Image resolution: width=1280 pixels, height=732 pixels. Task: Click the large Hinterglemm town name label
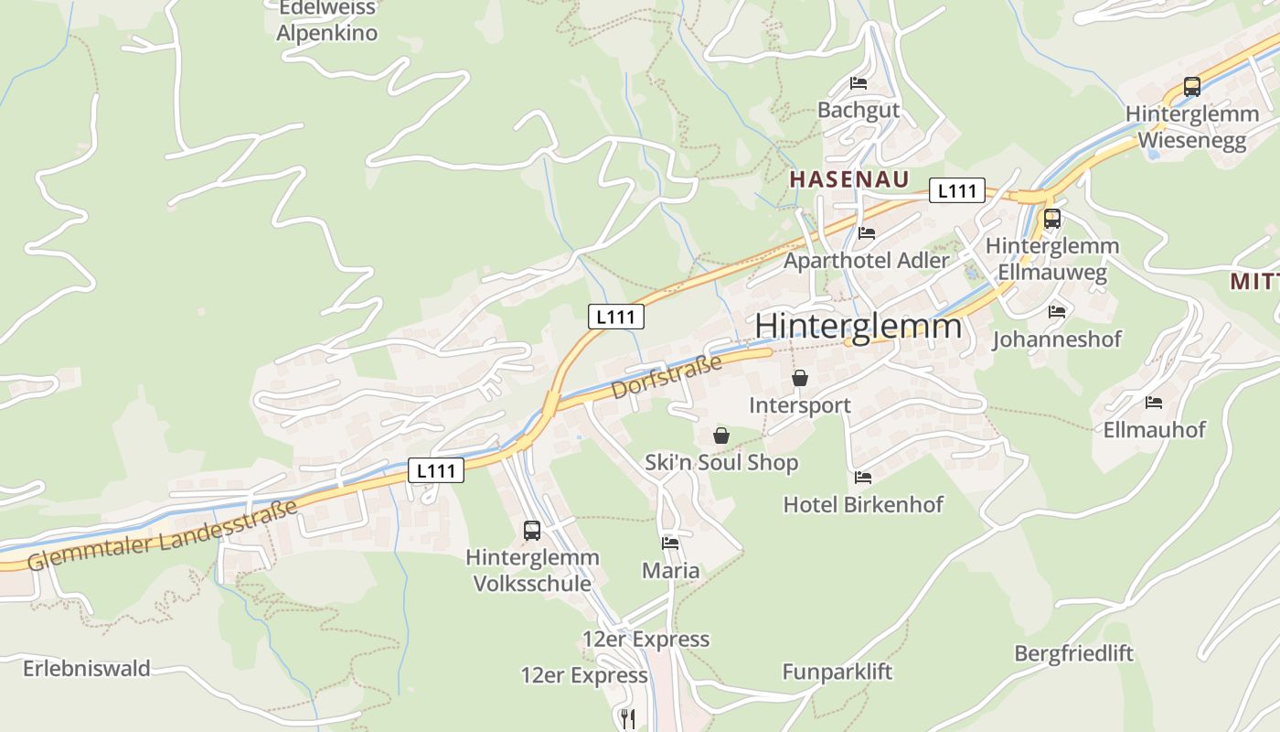(859, 327)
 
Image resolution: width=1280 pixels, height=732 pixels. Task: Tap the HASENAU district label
(848, 179)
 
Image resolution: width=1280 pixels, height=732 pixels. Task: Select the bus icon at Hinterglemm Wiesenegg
(1191, 87)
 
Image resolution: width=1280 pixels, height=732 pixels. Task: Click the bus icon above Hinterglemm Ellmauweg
(1051, 219)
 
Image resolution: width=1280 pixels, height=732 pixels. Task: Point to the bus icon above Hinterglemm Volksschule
(531, 530)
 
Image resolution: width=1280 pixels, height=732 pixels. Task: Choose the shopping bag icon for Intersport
(800, 378)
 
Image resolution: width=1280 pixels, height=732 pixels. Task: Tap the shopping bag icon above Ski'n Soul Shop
(721, 436)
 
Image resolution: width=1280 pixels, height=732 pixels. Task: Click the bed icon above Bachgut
(859, 82)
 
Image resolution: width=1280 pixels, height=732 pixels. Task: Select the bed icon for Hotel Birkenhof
(862, 477)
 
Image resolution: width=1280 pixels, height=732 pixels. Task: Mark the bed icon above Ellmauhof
(1154, 402)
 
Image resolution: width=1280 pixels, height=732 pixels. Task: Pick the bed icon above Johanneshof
(1057, 311)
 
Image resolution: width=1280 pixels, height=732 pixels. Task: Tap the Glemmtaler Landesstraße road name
(163, 535)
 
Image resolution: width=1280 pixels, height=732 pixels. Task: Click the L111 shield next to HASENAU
(957, 190)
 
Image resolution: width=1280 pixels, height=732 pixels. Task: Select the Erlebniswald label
(86, 668)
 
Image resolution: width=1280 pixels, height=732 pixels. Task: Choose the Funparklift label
(837, 673)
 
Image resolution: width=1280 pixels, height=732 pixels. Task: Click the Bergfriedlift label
(1073, 653)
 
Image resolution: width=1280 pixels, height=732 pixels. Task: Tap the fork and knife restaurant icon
(627, 718)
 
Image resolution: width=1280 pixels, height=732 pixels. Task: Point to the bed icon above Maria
(670, 543)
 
